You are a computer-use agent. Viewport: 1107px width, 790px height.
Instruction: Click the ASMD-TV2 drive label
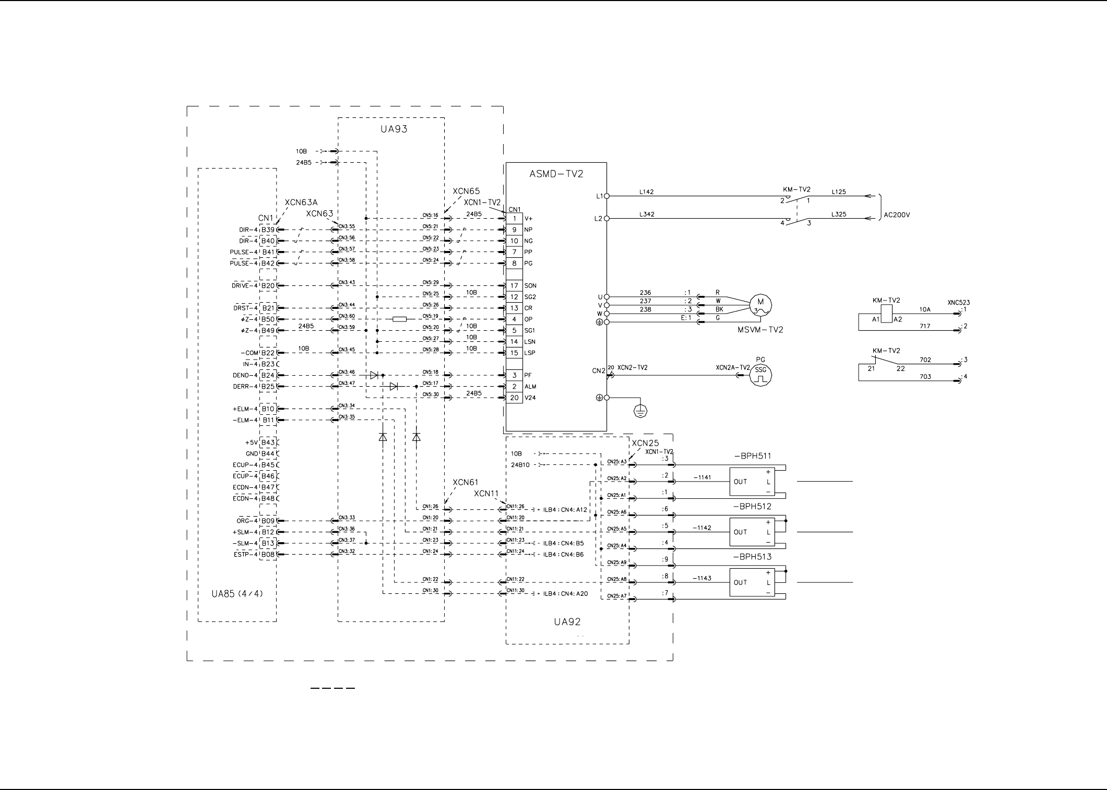[556, 174]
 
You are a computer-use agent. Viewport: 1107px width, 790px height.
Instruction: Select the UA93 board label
[394, 129]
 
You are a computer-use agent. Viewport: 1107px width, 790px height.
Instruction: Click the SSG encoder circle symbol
[760, 375]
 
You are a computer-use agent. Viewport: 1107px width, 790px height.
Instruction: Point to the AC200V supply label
[897, 214]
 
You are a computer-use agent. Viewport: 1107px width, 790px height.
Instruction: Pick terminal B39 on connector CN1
[268, 230]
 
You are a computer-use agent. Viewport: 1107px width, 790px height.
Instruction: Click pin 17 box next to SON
[514, 285]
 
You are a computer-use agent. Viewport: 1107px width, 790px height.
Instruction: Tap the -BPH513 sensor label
[752, 557]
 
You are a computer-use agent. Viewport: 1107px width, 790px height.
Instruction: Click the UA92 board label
[567, 621]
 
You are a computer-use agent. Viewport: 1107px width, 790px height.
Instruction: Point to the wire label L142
[646, 192]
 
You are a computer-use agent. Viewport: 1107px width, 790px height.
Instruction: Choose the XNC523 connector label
[958, 303]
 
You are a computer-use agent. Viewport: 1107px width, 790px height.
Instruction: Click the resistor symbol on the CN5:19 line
[399, 319]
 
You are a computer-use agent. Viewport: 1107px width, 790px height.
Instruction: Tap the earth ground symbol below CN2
[640, 411]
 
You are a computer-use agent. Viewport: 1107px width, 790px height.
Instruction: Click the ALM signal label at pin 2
[530, 387]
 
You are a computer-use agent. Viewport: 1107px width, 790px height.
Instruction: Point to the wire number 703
[925, 377]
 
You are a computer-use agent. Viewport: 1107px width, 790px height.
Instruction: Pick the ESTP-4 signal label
[245, 555]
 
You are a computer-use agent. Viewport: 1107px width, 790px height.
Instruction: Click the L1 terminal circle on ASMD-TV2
[606, 196]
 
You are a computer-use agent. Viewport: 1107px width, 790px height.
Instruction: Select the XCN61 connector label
[465, 482]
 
